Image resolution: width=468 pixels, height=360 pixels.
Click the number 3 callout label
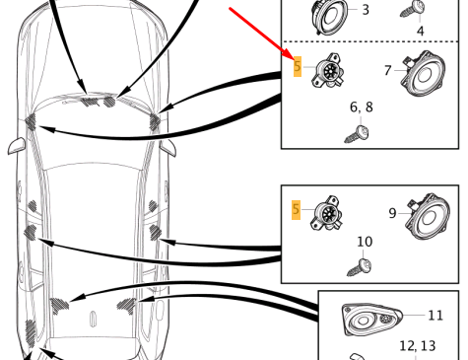(366, 10)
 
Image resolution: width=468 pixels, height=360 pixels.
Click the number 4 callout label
(421, 31)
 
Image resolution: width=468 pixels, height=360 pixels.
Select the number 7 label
(388, 70)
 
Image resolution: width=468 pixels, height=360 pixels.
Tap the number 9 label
(392, 213)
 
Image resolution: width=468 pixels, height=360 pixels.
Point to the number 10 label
(365, 242)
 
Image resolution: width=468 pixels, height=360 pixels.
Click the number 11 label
(436, 316)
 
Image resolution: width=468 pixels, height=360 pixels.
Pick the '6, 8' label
(362, 108)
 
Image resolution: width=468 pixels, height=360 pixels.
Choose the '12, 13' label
(418, 346)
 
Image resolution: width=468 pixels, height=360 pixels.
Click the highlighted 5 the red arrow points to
(298, 66)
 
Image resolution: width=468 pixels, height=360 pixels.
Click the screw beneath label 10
(360, 268)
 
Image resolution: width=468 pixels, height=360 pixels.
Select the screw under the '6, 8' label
(357, 134)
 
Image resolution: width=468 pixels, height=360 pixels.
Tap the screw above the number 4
(413, 9)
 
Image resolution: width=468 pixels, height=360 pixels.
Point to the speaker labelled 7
(423, 73)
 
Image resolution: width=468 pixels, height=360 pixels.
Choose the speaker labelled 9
(428, 216)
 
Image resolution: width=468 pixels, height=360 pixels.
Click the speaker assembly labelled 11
(372, 320)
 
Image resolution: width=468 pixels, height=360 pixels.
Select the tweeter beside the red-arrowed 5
(328, 71)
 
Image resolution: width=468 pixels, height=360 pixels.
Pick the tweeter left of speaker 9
(326, 214)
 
